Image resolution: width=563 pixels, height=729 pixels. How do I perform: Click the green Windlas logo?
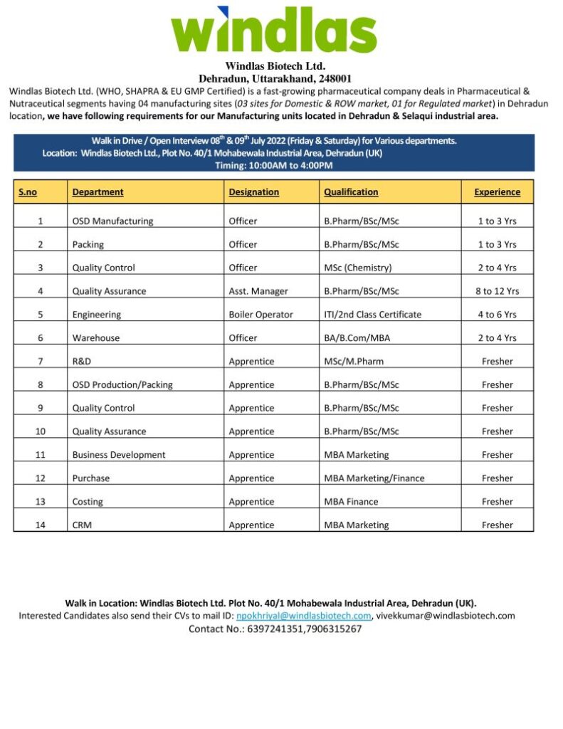(x=273, y=30)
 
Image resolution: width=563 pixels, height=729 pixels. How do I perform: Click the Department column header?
(x=98, y=192)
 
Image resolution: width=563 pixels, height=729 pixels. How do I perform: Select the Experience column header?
(x=497, y=192)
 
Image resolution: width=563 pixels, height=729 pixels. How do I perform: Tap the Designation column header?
(x=253, y=192)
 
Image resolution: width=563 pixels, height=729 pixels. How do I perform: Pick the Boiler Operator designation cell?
(x=261, y=315)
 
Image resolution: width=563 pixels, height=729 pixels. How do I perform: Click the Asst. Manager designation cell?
(x=258, y=291)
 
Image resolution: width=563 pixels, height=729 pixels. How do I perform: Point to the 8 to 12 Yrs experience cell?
(x=497, y=291)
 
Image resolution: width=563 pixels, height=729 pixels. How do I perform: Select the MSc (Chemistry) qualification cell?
(x=358, y=268)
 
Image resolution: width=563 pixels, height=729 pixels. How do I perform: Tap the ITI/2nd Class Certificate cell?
(x=373, y=315)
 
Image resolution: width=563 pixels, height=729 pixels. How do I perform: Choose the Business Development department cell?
(x=119, y=455)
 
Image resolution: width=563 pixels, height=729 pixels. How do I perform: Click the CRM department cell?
(x=82, y=525)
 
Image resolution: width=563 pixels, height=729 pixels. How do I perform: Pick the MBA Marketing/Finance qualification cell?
(x=374, y=478)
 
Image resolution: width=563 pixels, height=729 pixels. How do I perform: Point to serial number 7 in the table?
(x=41, y=362)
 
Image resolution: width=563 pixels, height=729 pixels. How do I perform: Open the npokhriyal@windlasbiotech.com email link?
(x=304, y=616)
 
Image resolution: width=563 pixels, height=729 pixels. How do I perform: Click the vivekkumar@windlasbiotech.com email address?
(x=446, y=616)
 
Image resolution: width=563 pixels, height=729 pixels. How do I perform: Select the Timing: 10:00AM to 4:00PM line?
(x=273, y=166)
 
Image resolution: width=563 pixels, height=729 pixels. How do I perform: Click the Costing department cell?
(x=88, y=502)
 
